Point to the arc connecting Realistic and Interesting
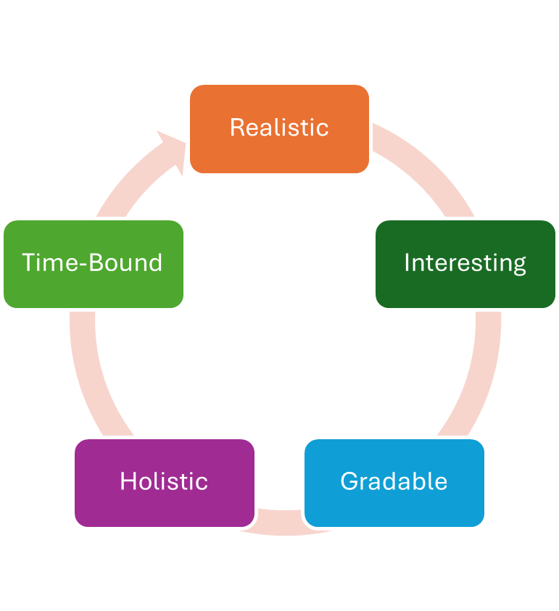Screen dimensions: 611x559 pyautogui.click(x=428, y=170)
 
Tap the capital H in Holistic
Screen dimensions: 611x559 pyautogui.click(x=128, y=481)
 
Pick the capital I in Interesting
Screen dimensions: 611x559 pyautogui.click(x=406, y=262)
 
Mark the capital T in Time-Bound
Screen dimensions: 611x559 pyautogui.click(x=28, y=262)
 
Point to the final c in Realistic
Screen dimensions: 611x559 pyautogui.click(x=323, y=129)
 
